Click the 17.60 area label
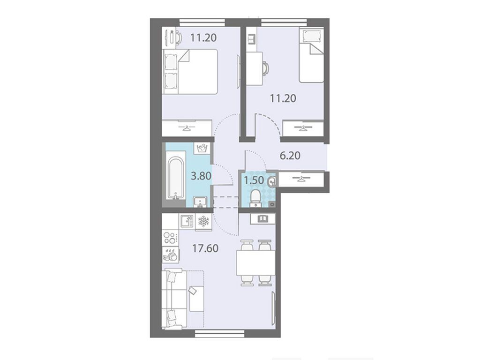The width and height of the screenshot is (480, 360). click(205, 248)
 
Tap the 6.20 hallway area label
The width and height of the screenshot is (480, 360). click(290, 156)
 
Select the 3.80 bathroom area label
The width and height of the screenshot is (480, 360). click(201, 176)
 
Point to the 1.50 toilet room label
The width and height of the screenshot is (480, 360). click(254, 180)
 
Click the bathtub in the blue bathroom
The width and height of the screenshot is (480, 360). click(176, 178)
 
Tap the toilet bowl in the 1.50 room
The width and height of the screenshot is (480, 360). click(255, 197)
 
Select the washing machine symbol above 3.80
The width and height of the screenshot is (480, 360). click(202, 149)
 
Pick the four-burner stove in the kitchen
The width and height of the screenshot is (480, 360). click(170, 238)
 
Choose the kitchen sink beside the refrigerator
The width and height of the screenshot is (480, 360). click(187, 222)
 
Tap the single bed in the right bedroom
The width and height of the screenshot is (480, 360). click(311, 55)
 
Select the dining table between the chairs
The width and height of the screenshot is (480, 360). click(256, 262)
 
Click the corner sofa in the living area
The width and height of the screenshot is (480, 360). click(183, 299)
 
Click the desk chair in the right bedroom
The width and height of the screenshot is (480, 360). click(265, 68)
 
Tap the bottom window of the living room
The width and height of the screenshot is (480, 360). click(219, 334)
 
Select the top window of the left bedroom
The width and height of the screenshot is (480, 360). click(202, 22)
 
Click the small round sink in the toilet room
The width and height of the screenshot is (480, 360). click(271, 183)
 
